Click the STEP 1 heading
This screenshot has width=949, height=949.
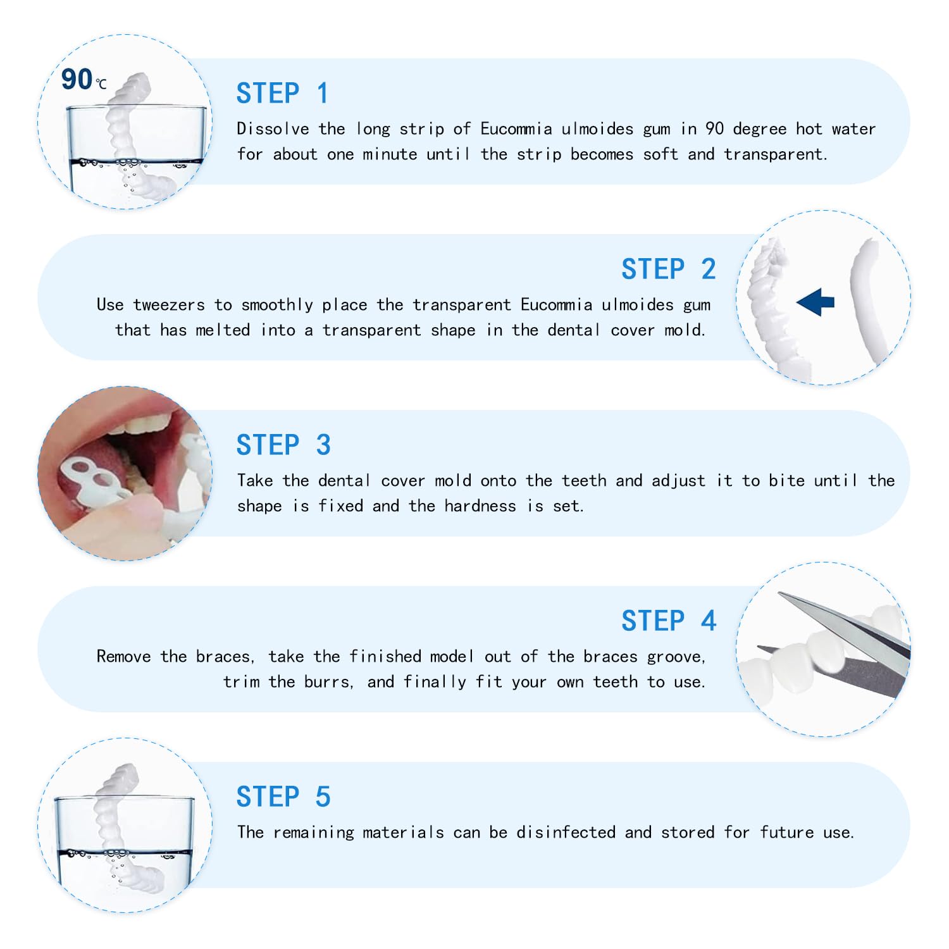tap(282, 94)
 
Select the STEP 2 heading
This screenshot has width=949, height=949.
tap(668, 270)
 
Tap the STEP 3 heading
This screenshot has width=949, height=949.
tap(283, 445)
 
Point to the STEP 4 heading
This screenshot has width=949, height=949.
tap(668, 621)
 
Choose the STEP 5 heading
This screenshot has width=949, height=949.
tap(283, 797)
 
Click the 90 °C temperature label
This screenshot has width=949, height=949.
tap(83, 80)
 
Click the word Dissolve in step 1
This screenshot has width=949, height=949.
tap(273, 129)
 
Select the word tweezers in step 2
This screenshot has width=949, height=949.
tap(169, 305)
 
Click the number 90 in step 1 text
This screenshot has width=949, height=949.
tap(714, 129)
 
